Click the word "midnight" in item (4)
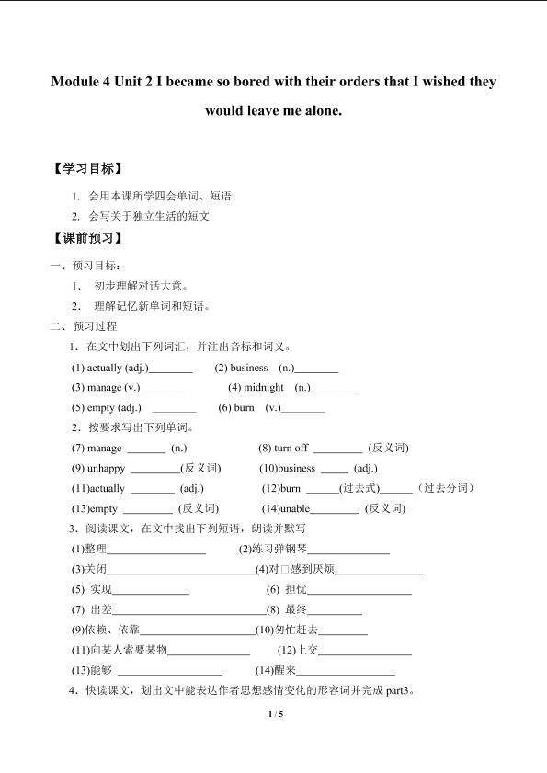point(264,388)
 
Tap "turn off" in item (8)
point(291,448)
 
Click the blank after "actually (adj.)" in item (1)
point(170,368)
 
